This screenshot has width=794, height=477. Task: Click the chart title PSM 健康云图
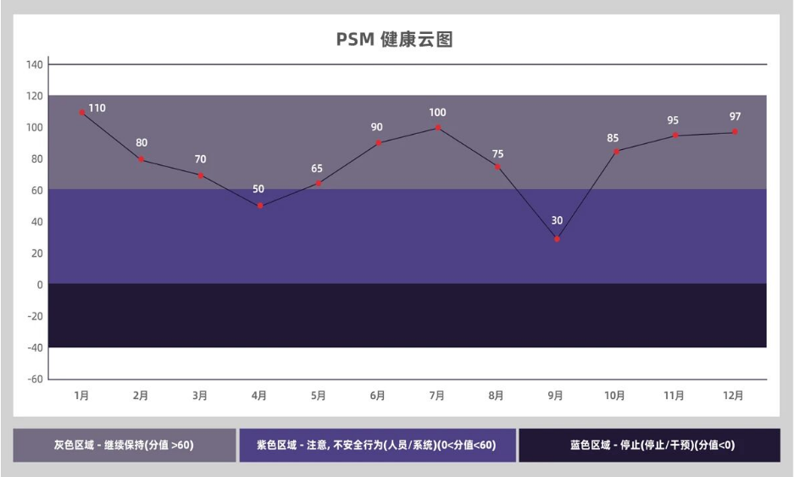(x=395, y=40)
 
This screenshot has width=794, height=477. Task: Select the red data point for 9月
(x=557, y=239)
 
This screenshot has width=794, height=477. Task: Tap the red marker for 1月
(x=82, y=112)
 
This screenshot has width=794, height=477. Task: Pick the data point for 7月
(x=438, y=128)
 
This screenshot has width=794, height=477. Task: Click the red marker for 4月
(x=260, y=206)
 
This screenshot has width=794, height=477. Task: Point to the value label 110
(x=97, y=108)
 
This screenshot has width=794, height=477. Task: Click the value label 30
(x=557, y=220)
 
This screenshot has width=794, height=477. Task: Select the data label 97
(x=735, y=116)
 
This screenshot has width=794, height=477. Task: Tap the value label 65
(x=318, y=169)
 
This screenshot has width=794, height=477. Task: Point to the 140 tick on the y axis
(x=34, y=64)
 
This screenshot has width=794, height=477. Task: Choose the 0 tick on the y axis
(x=39, y=285)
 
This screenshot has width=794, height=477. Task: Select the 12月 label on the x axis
(x=733, y=395)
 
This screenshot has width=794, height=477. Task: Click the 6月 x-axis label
(x=378, y=395)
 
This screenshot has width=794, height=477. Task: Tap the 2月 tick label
(x=141, y=395)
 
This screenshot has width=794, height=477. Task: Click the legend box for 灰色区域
(x=124, y=445)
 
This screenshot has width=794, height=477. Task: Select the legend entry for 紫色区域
(x=377, y=445)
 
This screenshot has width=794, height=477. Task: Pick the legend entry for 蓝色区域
(x=649, y=445)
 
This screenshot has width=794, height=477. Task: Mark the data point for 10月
(x=616, y=152)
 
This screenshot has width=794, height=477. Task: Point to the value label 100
(x=437, y=112)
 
